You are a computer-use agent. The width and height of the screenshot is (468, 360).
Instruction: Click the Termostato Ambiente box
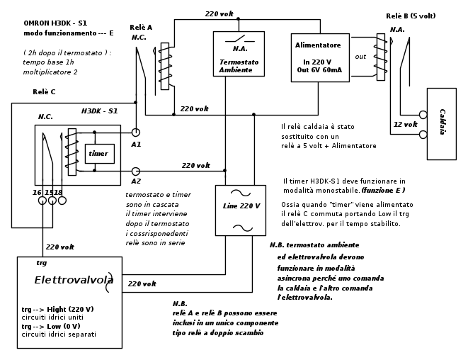click(x=239, y=54)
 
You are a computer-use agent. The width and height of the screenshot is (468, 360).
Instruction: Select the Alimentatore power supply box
click(x=319, y=57)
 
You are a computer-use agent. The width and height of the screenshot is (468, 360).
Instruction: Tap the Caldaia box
click(x=441, y=123)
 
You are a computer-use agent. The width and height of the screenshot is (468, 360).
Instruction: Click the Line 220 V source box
click(x=241, y=210)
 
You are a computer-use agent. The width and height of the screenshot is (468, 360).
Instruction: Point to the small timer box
click(x=99, y=153)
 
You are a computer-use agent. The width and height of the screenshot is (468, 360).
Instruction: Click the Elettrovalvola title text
click(x=74, y=280)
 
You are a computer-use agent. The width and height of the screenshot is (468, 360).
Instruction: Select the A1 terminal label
click(x=136, y=144)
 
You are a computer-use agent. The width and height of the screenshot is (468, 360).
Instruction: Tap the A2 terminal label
click(x=136, y=181)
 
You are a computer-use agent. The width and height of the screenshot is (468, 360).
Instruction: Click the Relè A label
click(x=141, y=28)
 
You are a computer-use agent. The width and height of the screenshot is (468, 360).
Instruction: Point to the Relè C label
click(x=44, y=92)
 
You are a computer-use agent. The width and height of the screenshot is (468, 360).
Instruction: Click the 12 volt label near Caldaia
click(x=405, y=124)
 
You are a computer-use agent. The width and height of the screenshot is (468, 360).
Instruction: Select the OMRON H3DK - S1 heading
click(x=55, y=23)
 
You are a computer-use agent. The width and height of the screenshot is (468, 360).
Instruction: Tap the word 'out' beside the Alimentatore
click(x=360, y=57)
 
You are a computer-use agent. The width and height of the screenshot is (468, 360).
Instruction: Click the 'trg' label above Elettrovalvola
click(x=41, y=263)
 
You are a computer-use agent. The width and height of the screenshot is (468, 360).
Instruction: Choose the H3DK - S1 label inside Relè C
click(x=99, y=111)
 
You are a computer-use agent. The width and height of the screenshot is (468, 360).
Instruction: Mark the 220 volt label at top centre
click(x=219, y=13)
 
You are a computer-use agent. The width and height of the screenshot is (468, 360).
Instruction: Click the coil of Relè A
click(x=164, y=66)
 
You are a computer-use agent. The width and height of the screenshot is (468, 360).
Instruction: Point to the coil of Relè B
click(x=381, y=57)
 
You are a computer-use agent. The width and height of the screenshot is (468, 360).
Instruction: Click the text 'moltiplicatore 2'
click(x=50, y=72)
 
